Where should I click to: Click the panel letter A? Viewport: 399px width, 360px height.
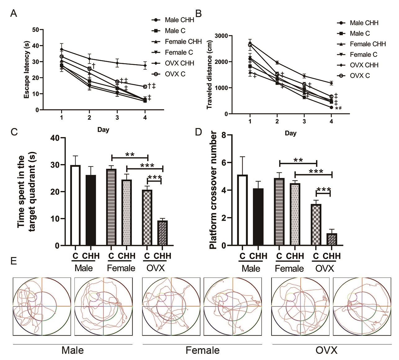click(13, 14)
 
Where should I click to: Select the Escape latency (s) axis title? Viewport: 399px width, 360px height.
click(27, 70)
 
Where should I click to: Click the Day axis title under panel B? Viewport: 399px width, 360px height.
click(290, 133)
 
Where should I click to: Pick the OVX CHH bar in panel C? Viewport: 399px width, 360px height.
click(162, 233)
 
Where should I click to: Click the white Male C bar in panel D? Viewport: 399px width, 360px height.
click(243, 210)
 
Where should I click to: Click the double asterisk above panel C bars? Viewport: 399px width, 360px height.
click(129, 154)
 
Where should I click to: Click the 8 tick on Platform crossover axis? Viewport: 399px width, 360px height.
click(223, 135)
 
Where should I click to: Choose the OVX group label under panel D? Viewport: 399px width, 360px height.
click(325, 268)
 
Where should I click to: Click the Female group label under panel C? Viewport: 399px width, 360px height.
click(121, 268)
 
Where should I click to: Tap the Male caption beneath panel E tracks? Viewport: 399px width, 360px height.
click(73, 350)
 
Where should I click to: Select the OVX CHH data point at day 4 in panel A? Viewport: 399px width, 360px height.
click(145, 65)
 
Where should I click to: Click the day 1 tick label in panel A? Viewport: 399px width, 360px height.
click(62, 118)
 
